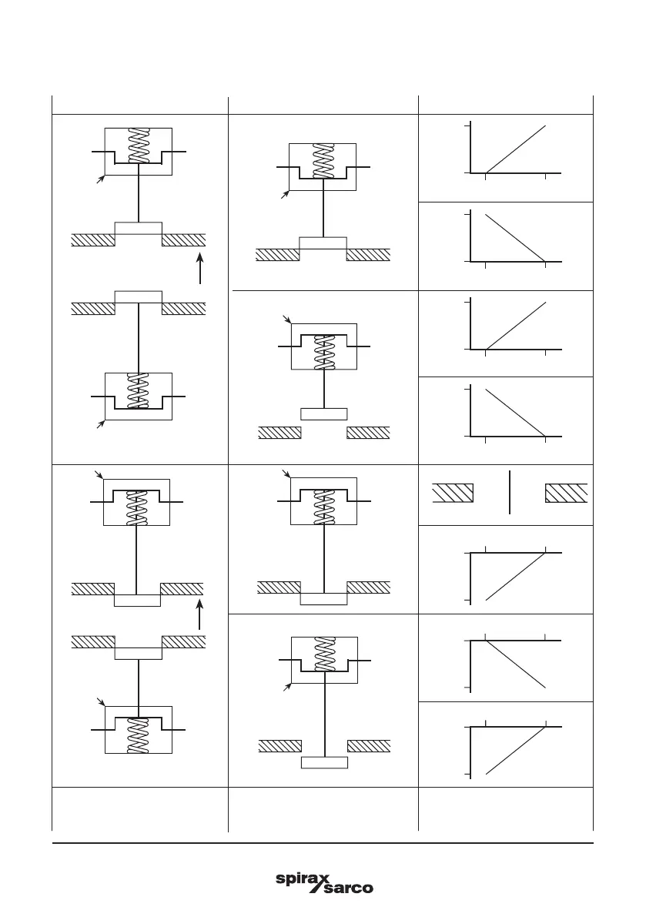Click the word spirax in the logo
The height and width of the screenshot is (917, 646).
click(303, 880)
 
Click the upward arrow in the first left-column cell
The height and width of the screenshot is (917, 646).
click(199, 269)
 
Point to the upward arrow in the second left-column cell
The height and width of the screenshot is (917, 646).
click(199, 615)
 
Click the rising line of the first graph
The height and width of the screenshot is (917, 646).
click(516, 149)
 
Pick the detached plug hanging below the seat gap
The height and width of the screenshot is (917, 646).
click(324, 762)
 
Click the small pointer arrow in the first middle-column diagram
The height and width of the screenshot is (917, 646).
click(285, 196)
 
